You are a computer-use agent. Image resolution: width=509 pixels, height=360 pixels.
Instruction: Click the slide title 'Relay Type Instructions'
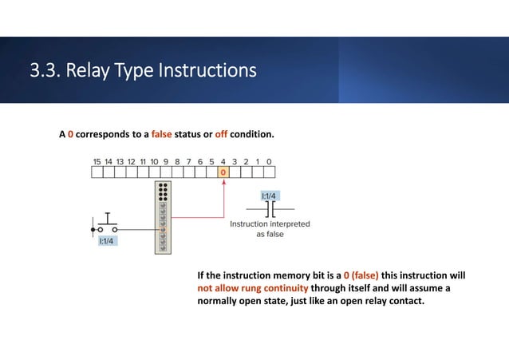tap(144, 71)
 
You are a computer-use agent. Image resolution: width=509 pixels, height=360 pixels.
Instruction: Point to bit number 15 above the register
tap(97, 160)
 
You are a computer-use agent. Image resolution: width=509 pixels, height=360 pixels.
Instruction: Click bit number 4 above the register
tap(223, 160)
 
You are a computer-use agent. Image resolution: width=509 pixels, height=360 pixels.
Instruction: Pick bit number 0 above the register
tap(270, 160)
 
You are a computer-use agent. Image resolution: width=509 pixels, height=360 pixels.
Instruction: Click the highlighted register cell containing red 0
tap(223, 172)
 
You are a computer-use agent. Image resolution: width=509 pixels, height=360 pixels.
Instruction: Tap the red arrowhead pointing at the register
tap(223, 182)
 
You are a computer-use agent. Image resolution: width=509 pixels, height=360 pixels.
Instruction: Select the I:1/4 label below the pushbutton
tap(107, 240)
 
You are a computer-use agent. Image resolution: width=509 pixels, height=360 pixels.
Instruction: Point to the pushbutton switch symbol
tap(106, 221)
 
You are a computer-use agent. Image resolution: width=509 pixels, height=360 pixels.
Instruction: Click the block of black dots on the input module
tap(163, 191)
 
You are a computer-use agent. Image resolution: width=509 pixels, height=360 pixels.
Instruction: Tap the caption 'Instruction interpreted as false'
tap(270, 230)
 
